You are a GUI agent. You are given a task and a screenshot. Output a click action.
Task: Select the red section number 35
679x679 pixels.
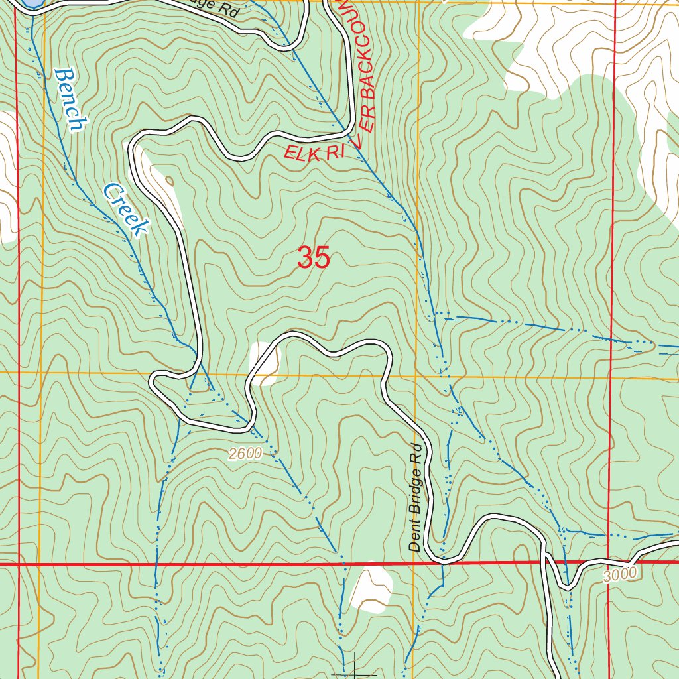(x=313, y=258)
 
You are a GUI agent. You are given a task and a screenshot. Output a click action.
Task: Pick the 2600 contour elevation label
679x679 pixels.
(x=245, y=454)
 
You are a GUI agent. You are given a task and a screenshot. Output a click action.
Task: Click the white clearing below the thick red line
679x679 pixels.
(x=372, y=589)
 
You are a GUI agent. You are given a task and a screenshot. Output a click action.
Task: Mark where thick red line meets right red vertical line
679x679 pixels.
(x=609, y=563)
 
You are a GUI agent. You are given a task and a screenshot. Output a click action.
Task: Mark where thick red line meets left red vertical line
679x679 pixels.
(x=18, y=564)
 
